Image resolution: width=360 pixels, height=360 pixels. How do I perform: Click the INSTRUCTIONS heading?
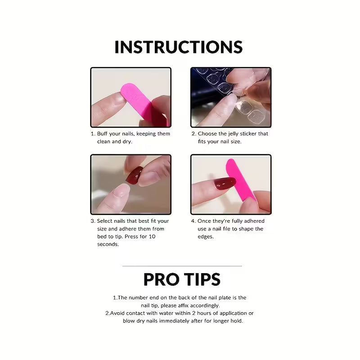[179, 47]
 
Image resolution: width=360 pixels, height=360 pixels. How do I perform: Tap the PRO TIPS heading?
[182, 279]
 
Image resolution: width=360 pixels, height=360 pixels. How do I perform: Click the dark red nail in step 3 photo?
[134, 175]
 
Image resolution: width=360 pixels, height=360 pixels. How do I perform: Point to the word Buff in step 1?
[103, 134]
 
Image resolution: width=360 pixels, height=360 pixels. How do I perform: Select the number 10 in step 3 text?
[152, 236]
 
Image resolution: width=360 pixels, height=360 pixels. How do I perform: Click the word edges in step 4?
[206, 236]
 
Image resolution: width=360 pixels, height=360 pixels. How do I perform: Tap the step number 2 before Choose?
[193, 134]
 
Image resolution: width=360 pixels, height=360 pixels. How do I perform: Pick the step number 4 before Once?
[193, 221]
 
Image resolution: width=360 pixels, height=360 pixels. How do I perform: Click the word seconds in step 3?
[108, 244]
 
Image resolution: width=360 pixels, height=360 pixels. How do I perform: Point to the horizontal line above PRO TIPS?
[182, 266]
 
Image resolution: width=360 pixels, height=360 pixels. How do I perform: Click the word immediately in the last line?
[184, 321]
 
